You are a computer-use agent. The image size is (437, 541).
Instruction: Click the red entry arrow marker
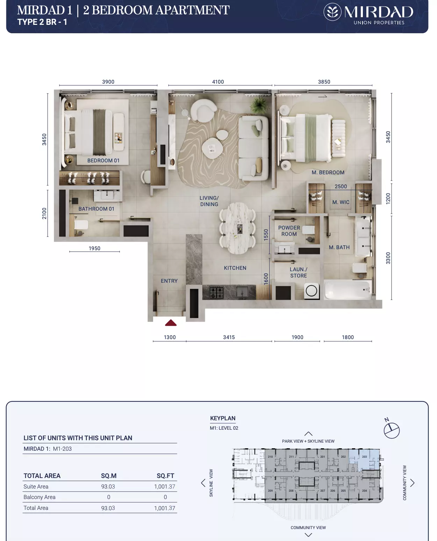coord(171,323)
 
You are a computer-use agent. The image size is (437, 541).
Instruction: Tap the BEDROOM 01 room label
coord(103,161)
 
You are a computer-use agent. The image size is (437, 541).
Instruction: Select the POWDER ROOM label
coord(289,231)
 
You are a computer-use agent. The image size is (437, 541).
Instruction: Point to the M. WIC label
coord(341,202)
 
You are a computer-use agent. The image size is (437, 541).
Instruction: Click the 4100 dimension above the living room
coord(218,82)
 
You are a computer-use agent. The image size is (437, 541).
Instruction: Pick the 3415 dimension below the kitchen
coord(229,337)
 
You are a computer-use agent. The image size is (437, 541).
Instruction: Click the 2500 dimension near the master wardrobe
coord(341,187)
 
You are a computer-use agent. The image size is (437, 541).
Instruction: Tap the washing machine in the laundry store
coord(311,291)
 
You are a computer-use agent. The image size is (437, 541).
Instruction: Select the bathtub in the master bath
coord(348,290)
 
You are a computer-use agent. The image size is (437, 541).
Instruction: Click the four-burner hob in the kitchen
coord(216,292)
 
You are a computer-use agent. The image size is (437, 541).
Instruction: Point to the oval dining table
coord(237,228)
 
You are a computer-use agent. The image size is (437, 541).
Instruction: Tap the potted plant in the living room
coord(259,105)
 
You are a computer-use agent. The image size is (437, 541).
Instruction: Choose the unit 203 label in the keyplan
coord(364,456)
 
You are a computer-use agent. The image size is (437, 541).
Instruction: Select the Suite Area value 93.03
coord(108,486)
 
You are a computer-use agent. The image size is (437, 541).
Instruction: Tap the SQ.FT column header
coord(165,476)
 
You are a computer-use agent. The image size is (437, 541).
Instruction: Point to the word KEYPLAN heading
coord(223,418)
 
